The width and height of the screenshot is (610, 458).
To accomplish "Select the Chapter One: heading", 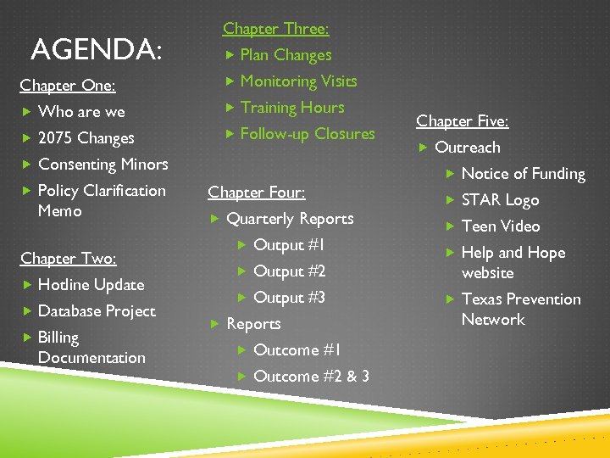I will click(68, 86).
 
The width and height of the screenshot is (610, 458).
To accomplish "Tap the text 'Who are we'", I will click(81, 112).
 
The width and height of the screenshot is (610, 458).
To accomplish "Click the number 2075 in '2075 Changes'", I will click(56, 138).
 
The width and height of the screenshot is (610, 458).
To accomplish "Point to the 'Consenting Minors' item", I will click(103, 165).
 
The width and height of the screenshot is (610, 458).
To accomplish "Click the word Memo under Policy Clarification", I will click(59, 210).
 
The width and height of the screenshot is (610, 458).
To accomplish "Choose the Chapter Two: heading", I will click(68, 259).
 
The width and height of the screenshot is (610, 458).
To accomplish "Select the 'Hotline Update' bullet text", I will click(91, 285).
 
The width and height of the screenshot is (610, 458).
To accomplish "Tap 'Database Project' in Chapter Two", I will click(97, 311).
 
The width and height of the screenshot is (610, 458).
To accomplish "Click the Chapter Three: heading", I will click(275, 29).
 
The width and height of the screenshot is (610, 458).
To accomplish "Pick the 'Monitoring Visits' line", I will click(298, 81).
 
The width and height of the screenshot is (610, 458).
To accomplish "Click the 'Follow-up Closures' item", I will click(307, 134).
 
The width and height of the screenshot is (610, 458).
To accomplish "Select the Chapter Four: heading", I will click(256, 193).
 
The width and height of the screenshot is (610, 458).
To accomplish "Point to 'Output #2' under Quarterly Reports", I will click(289, 271).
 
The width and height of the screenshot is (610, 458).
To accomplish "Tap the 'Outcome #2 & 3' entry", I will click(311, 377).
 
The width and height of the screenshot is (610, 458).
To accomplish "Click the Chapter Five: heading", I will click(462, 121).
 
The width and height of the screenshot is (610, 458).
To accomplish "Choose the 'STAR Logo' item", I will click(500, 200).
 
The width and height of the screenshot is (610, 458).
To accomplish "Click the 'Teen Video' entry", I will click(500, 226).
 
